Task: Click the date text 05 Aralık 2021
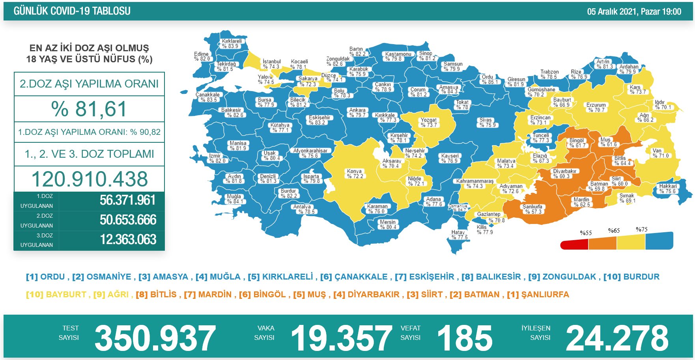(x=611, y=11)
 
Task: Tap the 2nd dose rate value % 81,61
(x=89, y=109)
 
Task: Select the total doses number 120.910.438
(x=90, y=179)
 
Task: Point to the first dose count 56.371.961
(x=128, y=200)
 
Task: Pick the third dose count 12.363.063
(x=128, y=240)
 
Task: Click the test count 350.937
(x=155, y=338)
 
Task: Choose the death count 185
(x=465, y=338)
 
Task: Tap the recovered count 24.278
(x=617, y=338)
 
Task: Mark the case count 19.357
(x=341, y=338)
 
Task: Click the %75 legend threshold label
(x=641, y=229)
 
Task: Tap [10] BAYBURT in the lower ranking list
(x=56, y=295)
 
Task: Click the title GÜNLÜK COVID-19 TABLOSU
(x=72, y=11)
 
